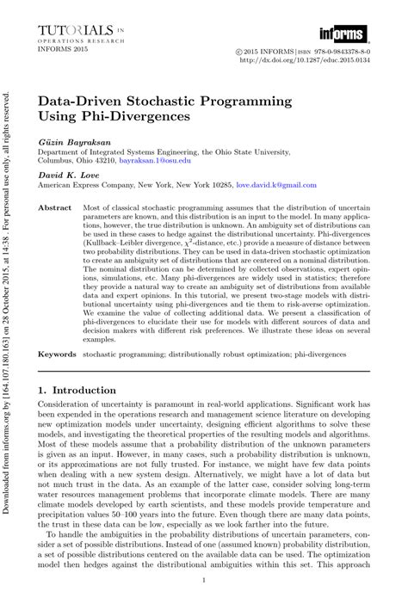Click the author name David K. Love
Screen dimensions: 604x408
(66, 175)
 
